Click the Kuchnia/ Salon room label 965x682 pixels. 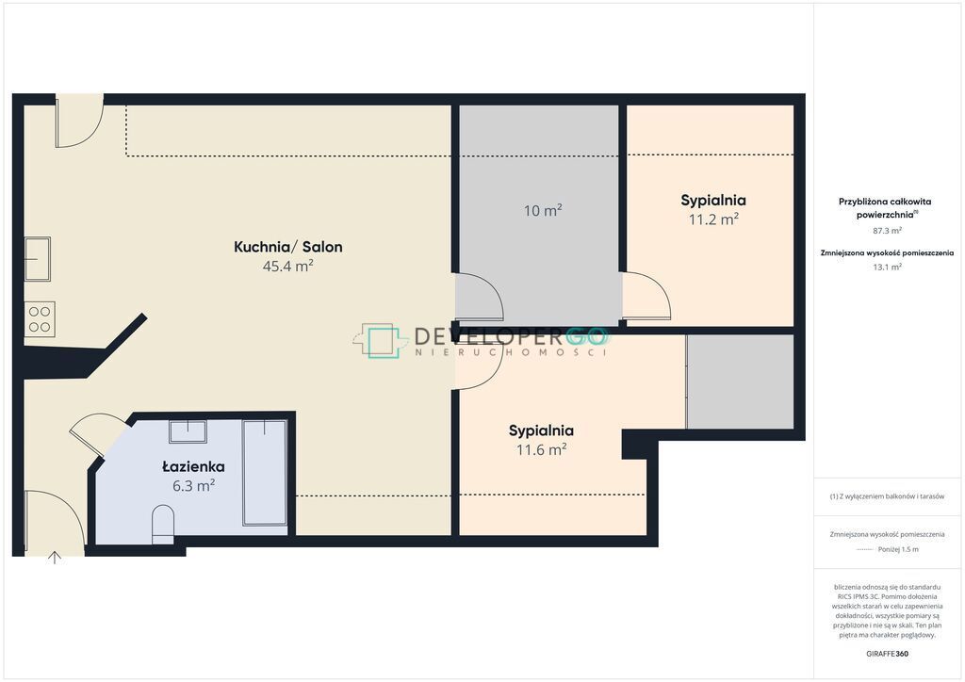pyautogui.click(x=288, y=247)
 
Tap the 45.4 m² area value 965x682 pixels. pyautogui.click(x=288, y=266)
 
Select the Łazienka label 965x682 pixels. pyautogui.click(x=193, y=466)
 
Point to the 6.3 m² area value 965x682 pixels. pyautogui.click(x=194, y=485)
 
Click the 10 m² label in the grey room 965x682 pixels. pyautogui.click(x=543, y=210)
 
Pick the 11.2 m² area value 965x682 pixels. pyautogui.click(x=713, y=219)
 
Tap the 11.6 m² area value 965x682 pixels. pyautogui.click(x=541, y=449)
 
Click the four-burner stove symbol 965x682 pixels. pyautogui.click(x=40, y=319)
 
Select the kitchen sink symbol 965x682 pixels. pyautogui.click(x=38, y=259)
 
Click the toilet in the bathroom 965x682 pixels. pyautogui.click(x=163, y=524)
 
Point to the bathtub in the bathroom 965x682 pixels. pyautogui.click(x=265, y=472)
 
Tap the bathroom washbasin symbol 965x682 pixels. pyautogui.click(x=188, y=431)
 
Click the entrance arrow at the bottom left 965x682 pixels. pyautogui.click(x=55, y=558)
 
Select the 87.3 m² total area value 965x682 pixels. pyautogui.click(x=887, y=231)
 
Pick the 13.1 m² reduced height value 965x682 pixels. pyautogui.click(x=887, y=267)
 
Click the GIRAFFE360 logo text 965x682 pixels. pyautogui.click(x=887, y=654)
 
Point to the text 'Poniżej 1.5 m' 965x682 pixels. pyautogui.click(x=898, y=550)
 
